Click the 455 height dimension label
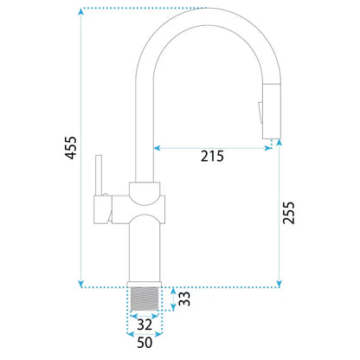[x=71, y=148]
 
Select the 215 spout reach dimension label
[x=212, y=156]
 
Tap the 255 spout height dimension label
[x=289, y=213]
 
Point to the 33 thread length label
[x=184, y=299]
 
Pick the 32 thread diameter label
[x=145, y=325]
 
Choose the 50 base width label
[x=145, y=343]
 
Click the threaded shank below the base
[x=145, y=299]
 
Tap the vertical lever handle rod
[x=99, y=176]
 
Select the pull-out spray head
[x=271, y=111]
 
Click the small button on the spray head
[x=260, y=112]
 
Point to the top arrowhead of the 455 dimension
[x=81, y=11]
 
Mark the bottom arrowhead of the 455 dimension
[x=81, y=283]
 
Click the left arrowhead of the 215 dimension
[x=157, y=148]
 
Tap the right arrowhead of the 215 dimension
[x=268, y=148]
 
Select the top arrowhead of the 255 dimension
[x=279, y=143]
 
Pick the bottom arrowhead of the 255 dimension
[x=279, y=283]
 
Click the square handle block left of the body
[x=103, y=209]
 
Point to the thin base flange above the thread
[x=145, y=285]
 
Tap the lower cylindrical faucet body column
[x=145, y=249]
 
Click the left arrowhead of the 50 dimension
[x=131, y=334]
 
